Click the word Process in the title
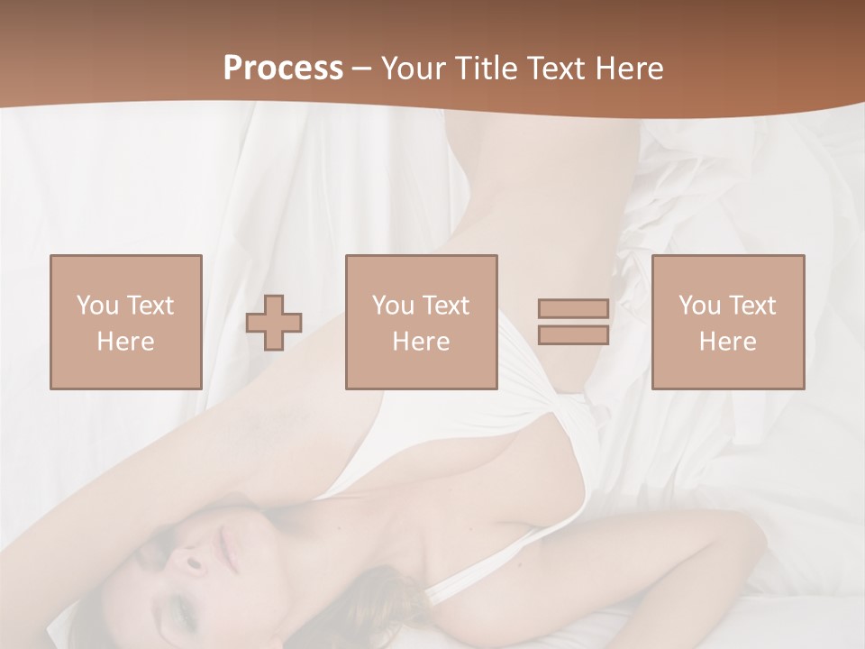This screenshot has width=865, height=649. point(283,69)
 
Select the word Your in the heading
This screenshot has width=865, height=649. point(414,69)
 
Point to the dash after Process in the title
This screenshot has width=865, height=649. point(362,69)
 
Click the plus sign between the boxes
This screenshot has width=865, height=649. point(274,322)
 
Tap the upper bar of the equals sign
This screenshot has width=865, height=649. point(573,308)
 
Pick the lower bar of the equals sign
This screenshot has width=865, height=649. point(573,335)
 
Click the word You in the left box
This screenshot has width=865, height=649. point(96,305)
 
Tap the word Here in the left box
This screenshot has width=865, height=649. point(125,342)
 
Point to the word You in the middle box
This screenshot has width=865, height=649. point(392,305)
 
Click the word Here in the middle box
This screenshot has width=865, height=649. point(421,342)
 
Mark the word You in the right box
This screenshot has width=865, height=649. point(698,305)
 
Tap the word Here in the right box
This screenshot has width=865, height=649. point(727,342)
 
